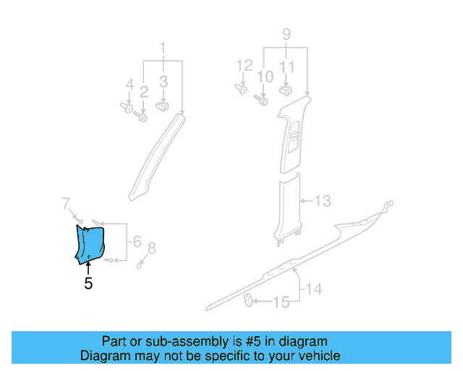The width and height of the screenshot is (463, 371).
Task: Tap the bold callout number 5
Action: tap(88, 284)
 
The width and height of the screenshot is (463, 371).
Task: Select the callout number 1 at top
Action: tap(163, 49)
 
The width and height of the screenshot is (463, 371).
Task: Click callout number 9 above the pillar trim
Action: tap(286, 34)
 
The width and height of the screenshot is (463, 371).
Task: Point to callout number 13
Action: tap(322, 201)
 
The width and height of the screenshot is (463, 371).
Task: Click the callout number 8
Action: tap(151, 249)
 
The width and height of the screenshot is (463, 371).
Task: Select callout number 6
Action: tap(135, 243)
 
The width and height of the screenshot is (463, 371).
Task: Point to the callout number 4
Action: tap(129, 86)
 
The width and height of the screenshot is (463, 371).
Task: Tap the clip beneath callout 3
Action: tap(164, 106)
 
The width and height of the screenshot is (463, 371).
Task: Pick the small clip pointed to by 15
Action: tap(248, 300)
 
